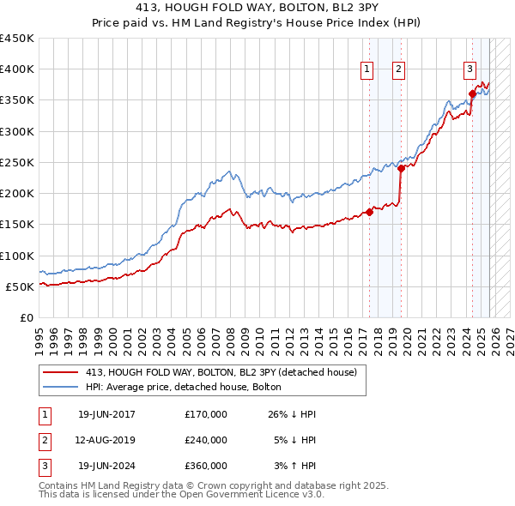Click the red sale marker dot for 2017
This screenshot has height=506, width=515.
point(370,212)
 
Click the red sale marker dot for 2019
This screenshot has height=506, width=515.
point(401,168)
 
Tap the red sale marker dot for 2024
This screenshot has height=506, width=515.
point(471,94)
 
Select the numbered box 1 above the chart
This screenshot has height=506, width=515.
point(367,70)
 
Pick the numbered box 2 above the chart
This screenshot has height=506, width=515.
point(400,70)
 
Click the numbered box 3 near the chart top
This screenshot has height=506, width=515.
point(470,70)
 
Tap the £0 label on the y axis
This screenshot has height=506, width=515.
point(26,317)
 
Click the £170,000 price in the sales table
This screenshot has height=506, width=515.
point(206,414)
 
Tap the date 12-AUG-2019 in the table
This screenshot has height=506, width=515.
point(106,440)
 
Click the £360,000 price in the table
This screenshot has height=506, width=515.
point(206,466)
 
